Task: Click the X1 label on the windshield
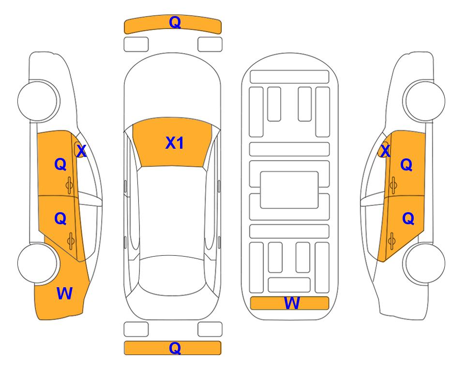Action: pos(175,143)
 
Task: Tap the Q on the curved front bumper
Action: pos(175,22)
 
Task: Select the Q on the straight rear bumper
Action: pos(175,348)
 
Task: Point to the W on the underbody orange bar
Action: pos(292,303)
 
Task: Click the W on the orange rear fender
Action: pos(64,294)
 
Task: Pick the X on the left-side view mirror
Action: pos(81,151)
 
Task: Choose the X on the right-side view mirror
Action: pos(385,151)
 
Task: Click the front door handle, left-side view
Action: pos(70,185)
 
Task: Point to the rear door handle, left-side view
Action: pos(71,241)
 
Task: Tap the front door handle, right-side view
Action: pos(393,185)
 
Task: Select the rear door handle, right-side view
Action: pos(392,241)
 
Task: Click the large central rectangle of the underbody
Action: pos(289,190)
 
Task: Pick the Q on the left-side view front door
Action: pos(60,164)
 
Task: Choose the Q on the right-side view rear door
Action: pos(408,219)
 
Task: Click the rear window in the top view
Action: pos(172,275)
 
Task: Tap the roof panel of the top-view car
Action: pos(172,211)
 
